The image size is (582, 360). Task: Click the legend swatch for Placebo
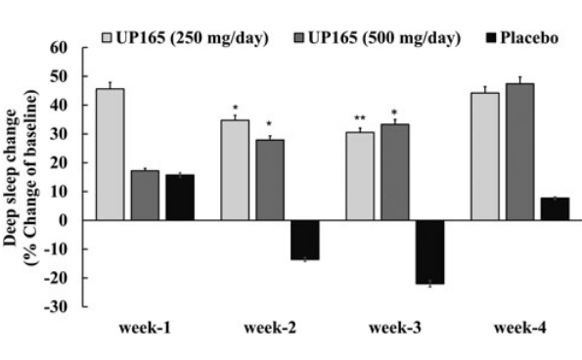tap(494, 39)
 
